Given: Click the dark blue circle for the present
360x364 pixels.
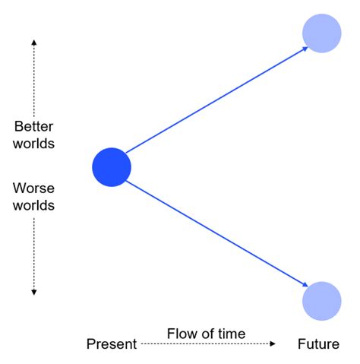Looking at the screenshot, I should pos(112,167).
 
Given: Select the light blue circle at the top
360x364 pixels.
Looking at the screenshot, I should pos(321,33).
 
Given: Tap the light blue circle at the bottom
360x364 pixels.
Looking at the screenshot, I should pos(321,301).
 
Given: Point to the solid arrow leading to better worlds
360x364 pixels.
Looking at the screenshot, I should pos(216,100).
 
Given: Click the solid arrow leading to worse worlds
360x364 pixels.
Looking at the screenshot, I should pos(216,233).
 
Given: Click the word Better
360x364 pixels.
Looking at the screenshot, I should pos(34,127).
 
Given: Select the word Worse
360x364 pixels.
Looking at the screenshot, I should pos(34,188).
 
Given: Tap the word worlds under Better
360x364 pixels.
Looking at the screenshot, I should pos(34,143).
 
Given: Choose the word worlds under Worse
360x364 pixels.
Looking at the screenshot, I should pos(34,204).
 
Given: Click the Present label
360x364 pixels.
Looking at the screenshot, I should pos(111,344).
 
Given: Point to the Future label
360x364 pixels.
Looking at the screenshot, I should pos(318,344).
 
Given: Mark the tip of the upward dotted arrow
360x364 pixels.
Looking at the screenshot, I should pos(34,38).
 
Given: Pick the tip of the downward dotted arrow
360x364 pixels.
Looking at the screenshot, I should pos(34,293).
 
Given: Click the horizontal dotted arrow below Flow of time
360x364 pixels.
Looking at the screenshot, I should pos(207,344).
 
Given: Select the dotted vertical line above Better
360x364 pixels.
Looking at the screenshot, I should pos(34,76).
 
